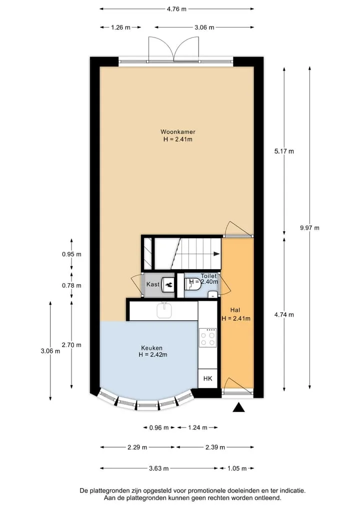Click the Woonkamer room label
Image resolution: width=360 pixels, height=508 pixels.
pyautogui.click(x=177, y=132)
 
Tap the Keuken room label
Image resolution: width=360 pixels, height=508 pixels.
pyautogui.click(x=152, y=348)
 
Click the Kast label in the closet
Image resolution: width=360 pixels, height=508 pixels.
pyautogui.click(x=153, y=284)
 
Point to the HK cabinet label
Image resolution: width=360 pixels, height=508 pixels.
pyautogui.click(x=207, y=378)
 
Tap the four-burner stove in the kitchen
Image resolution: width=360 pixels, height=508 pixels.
pyautogui.click(x=207, y=337)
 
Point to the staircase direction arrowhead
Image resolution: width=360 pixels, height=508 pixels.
pyautogui.click(x=216, y=254)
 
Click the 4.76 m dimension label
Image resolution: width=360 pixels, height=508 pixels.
pyautogui.click(x=177, y=9)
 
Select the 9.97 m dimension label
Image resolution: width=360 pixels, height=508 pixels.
pyautogui.click(x=309, y=228)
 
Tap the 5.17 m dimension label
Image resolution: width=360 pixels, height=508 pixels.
pyautogui.click(x=284, y=151)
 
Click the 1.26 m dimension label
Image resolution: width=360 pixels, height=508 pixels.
pyautogui.click(x=120, y=27)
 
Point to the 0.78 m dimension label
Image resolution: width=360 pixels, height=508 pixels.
pyautogui.click(x=71, y=285)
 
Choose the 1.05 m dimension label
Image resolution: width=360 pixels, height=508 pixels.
pyautogui.click(x=237, y=468)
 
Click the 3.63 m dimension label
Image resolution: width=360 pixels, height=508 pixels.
pyautogui.click(x=159, y=468)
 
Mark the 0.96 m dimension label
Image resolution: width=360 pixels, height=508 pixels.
pyautogui.click(x=159, y=428)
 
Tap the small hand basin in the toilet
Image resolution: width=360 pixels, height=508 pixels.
pyautogui.click(x=212, y=294)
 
